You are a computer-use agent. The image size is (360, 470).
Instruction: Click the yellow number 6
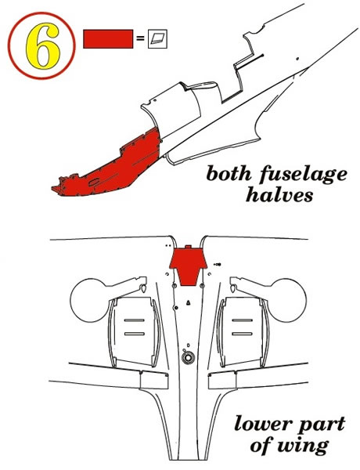click(x=42, y=45)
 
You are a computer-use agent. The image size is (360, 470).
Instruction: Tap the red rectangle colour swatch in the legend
click(x=108, y=38)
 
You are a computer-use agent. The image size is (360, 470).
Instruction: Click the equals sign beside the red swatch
click(x=140, y=38)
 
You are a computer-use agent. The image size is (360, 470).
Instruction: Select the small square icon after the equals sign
click(x=157, y=38)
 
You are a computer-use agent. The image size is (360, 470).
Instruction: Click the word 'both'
click(x=229, y=173)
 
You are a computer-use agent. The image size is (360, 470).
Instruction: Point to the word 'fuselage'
click(x=303, y=175)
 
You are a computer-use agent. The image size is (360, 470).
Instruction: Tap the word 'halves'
click(x=279, y=194)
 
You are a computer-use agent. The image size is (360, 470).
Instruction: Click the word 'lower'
click(x=263, y=424)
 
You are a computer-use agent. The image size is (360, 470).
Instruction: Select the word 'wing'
click(x=303, y=447)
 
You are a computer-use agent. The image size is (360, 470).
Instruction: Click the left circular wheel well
click(x=89, y=300)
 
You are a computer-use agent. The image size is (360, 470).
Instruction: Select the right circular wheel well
click(x=287, y=300)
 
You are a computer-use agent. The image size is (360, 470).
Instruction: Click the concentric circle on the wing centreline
click(x=188, y=358)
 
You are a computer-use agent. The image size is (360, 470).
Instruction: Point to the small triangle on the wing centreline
click(x=189, y=302)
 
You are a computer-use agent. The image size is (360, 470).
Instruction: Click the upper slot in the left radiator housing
click(x=135, y=320)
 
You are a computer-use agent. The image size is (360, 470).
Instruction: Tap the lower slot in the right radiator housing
click(x=242, y=334)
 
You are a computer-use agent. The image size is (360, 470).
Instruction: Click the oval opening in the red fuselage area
click(x=95, y=182)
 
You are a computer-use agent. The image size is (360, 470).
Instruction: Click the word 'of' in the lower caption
click(x=261, y=445)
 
